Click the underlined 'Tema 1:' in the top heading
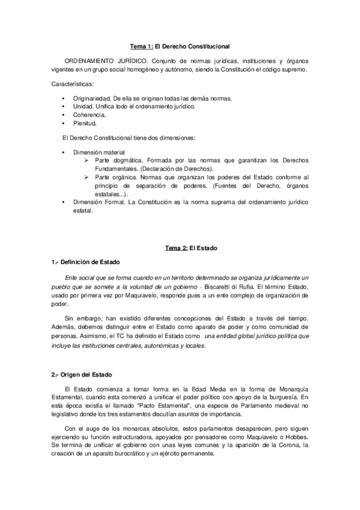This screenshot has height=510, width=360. coord(142,46)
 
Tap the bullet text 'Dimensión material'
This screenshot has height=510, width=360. coord(99,153)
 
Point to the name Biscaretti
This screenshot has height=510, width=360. coord(219,287)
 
